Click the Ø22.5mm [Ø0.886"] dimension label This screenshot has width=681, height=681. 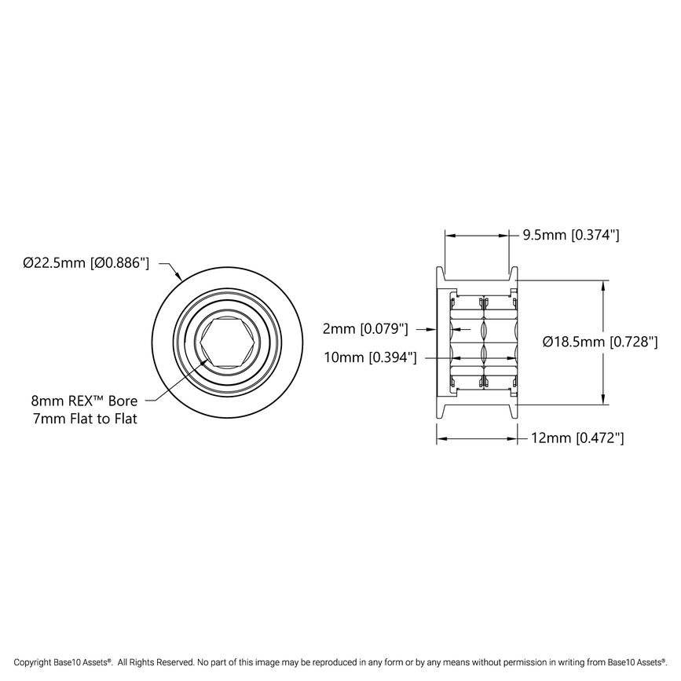coord(86,263)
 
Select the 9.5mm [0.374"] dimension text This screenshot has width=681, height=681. coord(572,234)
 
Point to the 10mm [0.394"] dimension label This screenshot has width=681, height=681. coord(370,358)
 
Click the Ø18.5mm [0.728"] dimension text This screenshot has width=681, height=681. coord(600,342)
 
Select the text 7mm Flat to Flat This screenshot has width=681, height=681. coord(85,419)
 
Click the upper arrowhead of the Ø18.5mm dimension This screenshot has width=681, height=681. coord(603,285)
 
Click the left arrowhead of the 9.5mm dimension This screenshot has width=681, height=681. coord(450,234)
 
